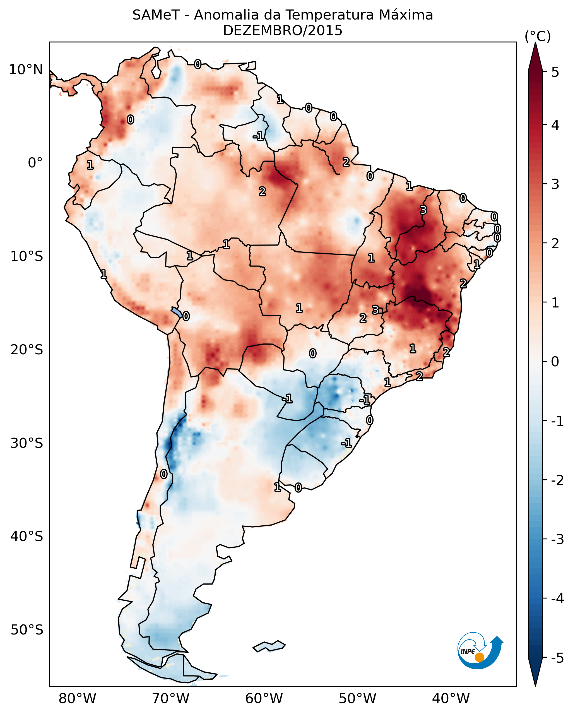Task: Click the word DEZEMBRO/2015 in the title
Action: click(282, 31)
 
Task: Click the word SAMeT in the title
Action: click(156, 15)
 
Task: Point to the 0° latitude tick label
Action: click(35, 163)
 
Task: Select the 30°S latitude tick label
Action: click(27, 443)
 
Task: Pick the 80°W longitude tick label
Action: click(77, 699)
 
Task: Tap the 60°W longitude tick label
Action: click(264, 699)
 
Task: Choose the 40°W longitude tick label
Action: click(451, 699)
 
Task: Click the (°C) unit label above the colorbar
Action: click(538, 37)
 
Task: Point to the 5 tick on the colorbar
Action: click(555, 72)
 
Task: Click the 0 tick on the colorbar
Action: click(555, 362)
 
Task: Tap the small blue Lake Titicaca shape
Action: click(176, 312)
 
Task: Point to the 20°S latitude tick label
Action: click(27, 350)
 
